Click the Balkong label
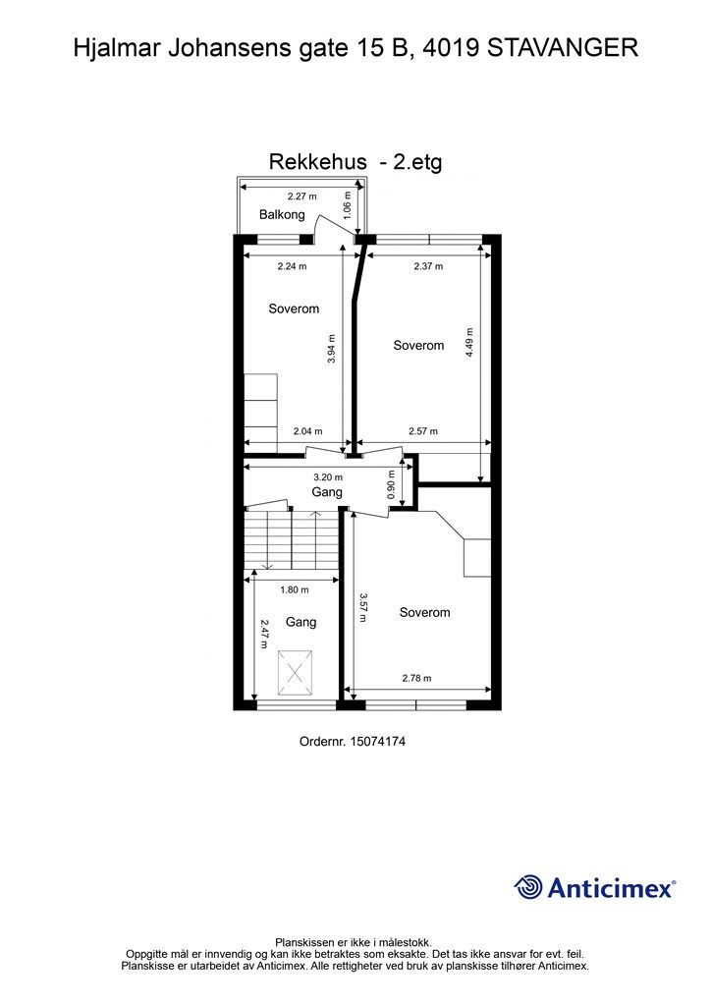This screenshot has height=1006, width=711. point(282,214)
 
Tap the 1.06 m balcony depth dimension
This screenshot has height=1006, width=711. point(347,205)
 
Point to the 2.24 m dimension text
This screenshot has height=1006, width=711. point(292,265)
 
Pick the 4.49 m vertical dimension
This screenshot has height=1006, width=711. point(469,341)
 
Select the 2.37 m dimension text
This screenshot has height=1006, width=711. point(427,265)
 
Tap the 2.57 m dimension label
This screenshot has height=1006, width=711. point(422,431)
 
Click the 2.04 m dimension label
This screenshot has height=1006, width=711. point(307,431)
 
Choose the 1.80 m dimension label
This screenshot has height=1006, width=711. point(294,589)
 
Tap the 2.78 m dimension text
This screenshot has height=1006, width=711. point(416,678)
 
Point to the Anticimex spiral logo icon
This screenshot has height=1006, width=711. point(528,886)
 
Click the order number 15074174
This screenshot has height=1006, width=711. point(377,742)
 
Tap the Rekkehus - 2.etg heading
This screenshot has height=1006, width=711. point(355,162)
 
